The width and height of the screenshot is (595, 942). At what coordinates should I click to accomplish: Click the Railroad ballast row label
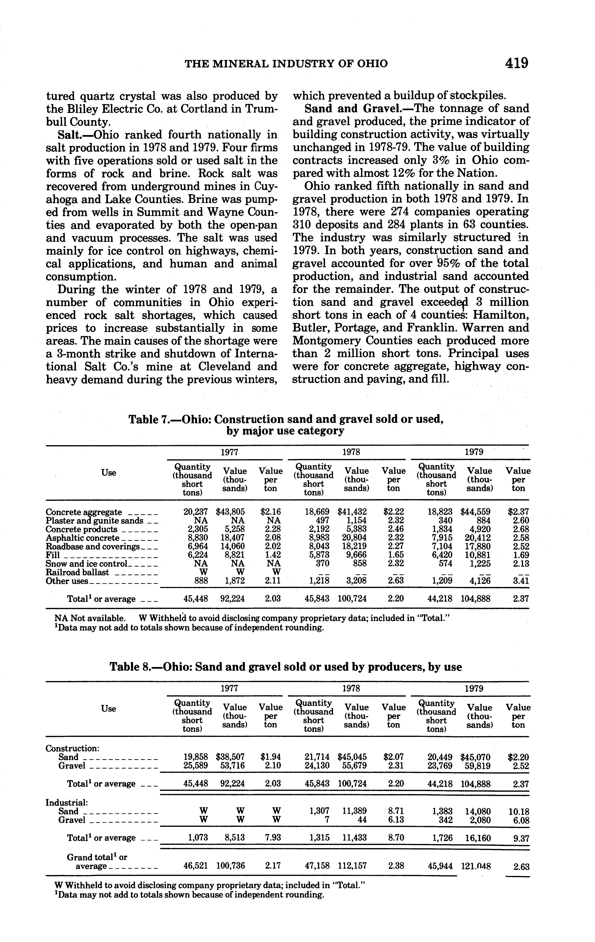click(x=77, y=572)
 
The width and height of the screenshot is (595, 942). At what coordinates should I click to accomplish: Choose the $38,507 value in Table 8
click(x=231, y=757)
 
